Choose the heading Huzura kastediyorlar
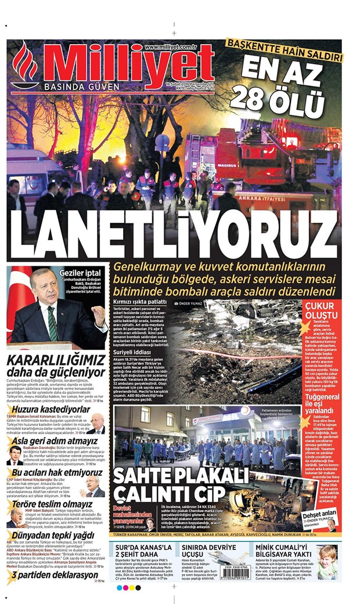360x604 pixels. pos(49,410)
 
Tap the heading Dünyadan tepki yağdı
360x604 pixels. pos(52,534)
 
